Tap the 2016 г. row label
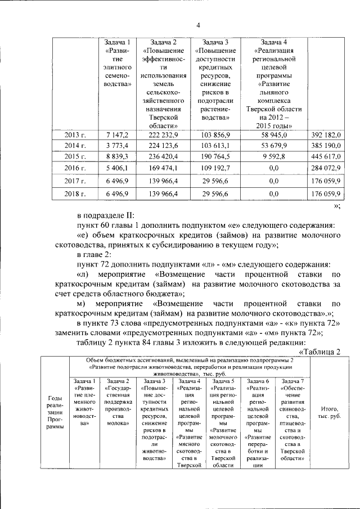(75, 168)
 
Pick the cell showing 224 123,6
(163, 146)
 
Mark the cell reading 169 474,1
(163, 168)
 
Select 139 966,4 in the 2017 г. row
(163, 181)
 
